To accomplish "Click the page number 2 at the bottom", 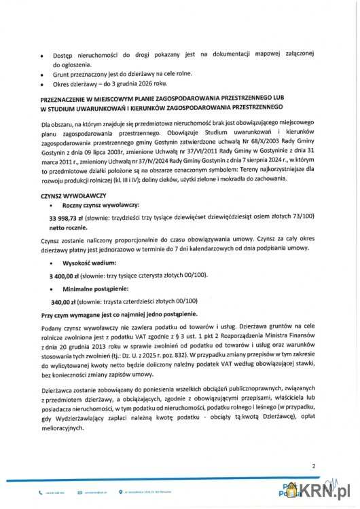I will pyautogui.click(x=314, y=466).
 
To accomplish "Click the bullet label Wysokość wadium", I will pyautogui.click(x=89, y=262).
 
